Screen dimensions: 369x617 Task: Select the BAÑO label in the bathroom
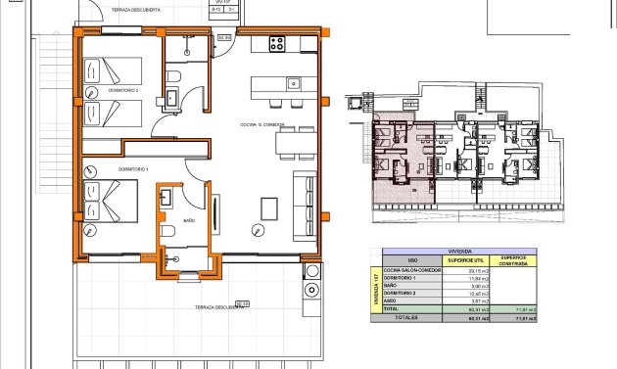pyautogui.click(x=189, y=221)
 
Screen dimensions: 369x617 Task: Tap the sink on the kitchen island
pyautogui.click(x=293, y=83)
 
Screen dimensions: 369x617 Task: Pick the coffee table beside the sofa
pyautogui.click(x=269, y=208)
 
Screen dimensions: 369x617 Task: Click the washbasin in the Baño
pyautogui.click(x=165, y=197)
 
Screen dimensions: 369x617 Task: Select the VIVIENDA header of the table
pyautogui.click(x=458, y=250)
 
